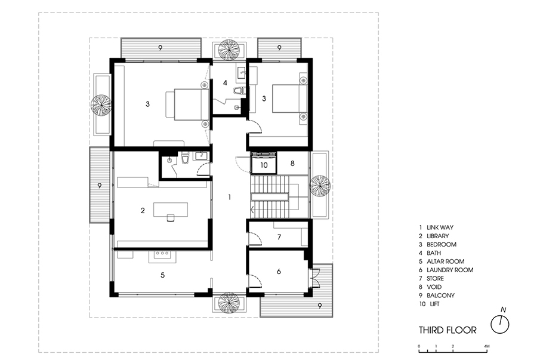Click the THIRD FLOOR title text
[447, 330]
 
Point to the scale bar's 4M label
[487, 346]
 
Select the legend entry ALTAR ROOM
[445, 261]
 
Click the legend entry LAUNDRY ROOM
[450, 270]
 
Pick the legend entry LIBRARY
[438, 236]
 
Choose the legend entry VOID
[434, 287]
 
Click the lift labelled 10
[264, 165]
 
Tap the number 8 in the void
[292, 164]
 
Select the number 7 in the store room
[279, 236]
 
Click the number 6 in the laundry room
[279, 272]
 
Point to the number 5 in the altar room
[163, 275]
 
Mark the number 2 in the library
[143, 211]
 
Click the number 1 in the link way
[230, 197]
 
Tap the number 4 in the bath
[225, 82]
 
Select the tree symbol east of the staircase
[320, 186]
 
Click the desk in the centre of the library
[171, 210]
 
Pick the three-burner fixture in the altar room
[162, 254]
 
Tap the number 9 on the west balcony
[100, 186]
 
